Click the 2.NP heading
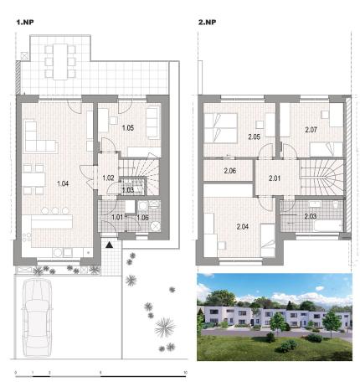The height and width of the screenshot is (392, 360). (207, 23)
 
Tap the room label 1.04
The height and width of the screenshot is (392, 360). (63, 183)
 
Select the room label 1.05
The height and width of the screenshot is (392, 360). (128, 127)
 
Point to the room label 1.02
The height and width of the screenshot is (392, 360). (108, 178)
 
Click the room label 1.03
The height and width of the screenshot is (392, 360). (127, 190)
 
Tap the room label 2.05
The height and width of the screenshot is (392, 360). (255, 137)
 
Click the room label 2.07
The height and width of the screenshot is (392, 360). (311, 130)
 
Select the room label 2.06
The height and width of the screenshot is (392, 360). (231, 172)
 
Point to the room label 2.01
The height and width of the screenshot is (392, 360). (275, 178)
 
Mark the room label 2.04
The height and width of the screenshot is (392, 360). (243, 226)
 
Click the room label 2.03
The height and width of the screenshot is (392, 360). (309, 217)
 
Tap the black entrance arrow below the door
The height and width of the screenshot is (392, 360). (110, 245)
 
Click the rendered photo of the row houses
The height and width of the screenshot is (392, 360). (274, 316)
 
